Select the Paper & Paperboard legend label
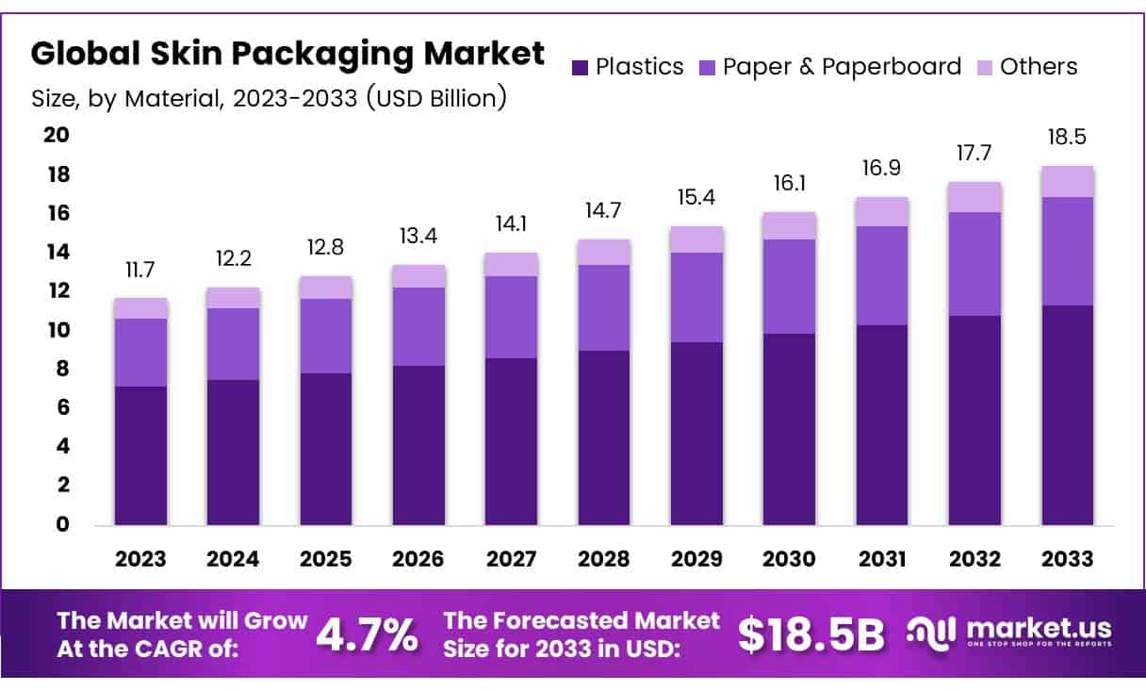click(x=842, y=67)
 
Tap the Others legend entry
click(x=1038, y=67)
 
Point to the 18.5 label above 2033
click(x=1068, y=138)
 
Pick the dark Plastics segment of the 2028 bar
click(x=604, y=437)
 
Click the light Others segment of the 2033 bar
click(x=1068, y=181)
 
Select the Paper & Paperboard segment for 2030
click(x=790, y=287)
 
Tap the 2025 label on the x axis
click(x=326, y=559)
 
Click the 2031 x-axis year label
click(x=882, y=559)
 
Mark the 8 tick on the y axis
click(x=63, y=370)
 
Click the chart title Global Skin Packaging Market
click(x=288, y=54)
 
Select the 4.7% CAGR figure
click(x=368, y=635)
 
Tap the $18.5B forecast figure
click(x=811, y=635)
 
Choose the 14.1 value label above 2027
click(x=512, y=226)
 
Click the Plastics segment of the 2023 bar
click(x=140, y=455)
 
